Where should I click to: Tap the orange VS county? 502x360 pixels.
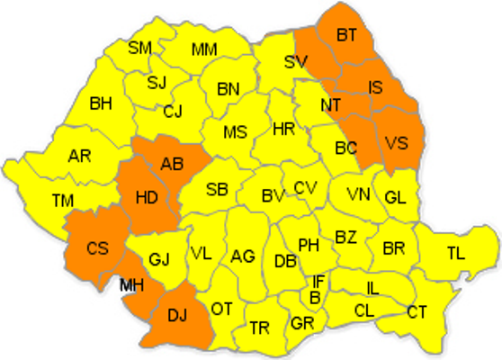pos(396,142)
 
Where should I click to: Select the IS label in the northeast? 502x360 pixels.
pos(376,87)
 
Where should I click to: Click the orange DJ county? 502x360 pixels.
pos(177,315)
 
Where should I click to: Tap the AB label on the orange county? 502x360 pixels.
pos(171,164)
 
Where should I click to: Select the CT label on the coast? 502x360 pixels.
pos(417,312)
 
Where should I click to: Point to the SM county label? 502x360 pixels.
pos(139,48)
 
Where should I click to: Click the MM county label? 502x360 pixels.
pos(203,49)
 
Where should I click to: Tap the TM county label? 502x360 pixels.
pos(63,200)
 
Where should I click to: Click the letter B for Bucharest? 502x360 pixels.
pos(315,297)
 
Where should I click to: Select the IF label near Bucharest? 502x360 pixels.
pos(318,282)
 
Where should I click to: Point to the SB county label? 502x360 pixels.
pos(217,190)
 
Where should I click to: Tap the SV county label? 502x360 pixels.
pos(295,62)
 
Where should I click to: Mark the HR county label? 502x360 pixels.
pos(284,130)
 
